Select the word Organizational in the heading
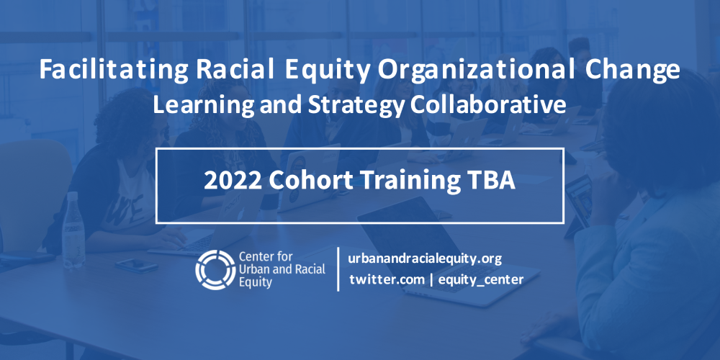pyautogui.click(x=472, y=71)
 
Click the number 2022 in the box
pyautogui.click(x=233, y=181)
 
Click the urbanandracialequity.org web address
pyautogui.click(x=424, y=258)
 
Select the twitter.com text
pyautogui.click(x=387, y=279)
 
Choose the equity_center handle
pyautogui.click(x=480, y=279)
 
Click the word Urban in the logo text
pyautogui.click(x=252, y=269)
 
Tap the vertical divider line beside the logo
pyautogui.click(x=338, y=269)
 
